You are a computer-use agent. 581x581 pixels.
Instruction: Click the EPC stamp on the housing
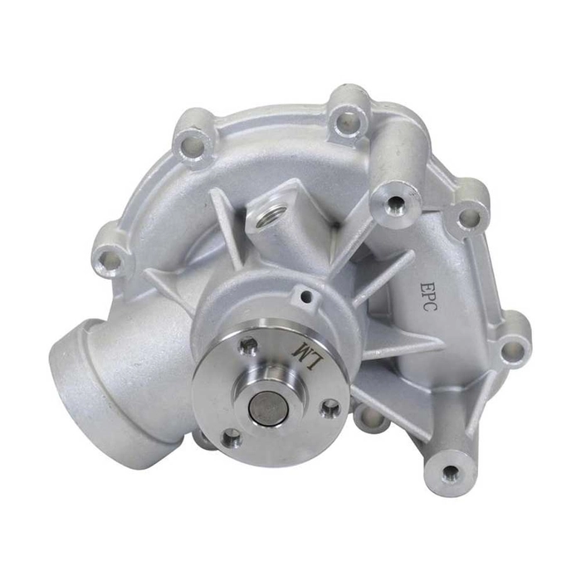(428, 297)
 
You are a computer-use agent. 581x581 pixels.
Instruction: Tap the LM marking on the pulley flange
(306, 354)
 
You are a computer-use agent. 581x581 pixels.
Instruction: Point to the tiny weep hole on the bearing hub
(305, 295)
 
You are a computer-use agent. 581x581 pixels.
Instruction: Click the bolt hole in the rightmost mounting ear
(514, 349)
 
